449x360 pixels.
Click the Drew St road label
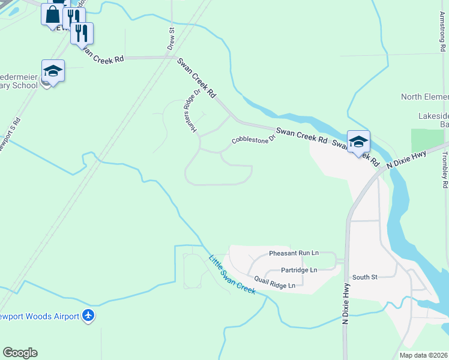pyautogui.click(x=171, y=39)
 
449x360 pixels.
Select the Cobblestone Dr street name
pyautogui.click(x=253, y=139)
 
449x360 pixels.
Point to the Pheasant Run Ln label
pyautogui.click(x=294, y=253)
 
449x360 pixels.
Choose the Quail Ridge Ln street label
pyautogui.click(x=274, y=282)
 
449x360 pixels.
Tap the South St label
pyautogui.click(x=364, y=277)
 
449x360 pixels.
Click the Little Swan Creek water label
pyautogui.click(x=232, y=275)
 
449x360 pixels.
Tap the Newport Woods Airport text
pyautogui.click(x=38, y=316)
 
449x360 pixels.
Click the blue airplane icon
pyautogui.click(x=88, y=315)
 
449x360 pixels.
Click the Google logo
pyautogui.click(x=20, y=353)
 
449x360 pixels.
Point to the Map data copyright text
pyautogui.click(x=423, y=355)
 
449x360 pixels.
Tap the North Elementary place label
pyautogui.click(x=424, y=97)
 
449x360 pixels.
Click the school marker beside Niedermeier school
pyautogui.click(x=53, y=71)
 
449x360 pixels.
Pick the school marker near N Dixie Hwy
pyautogui.click(x=358, y=142)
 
